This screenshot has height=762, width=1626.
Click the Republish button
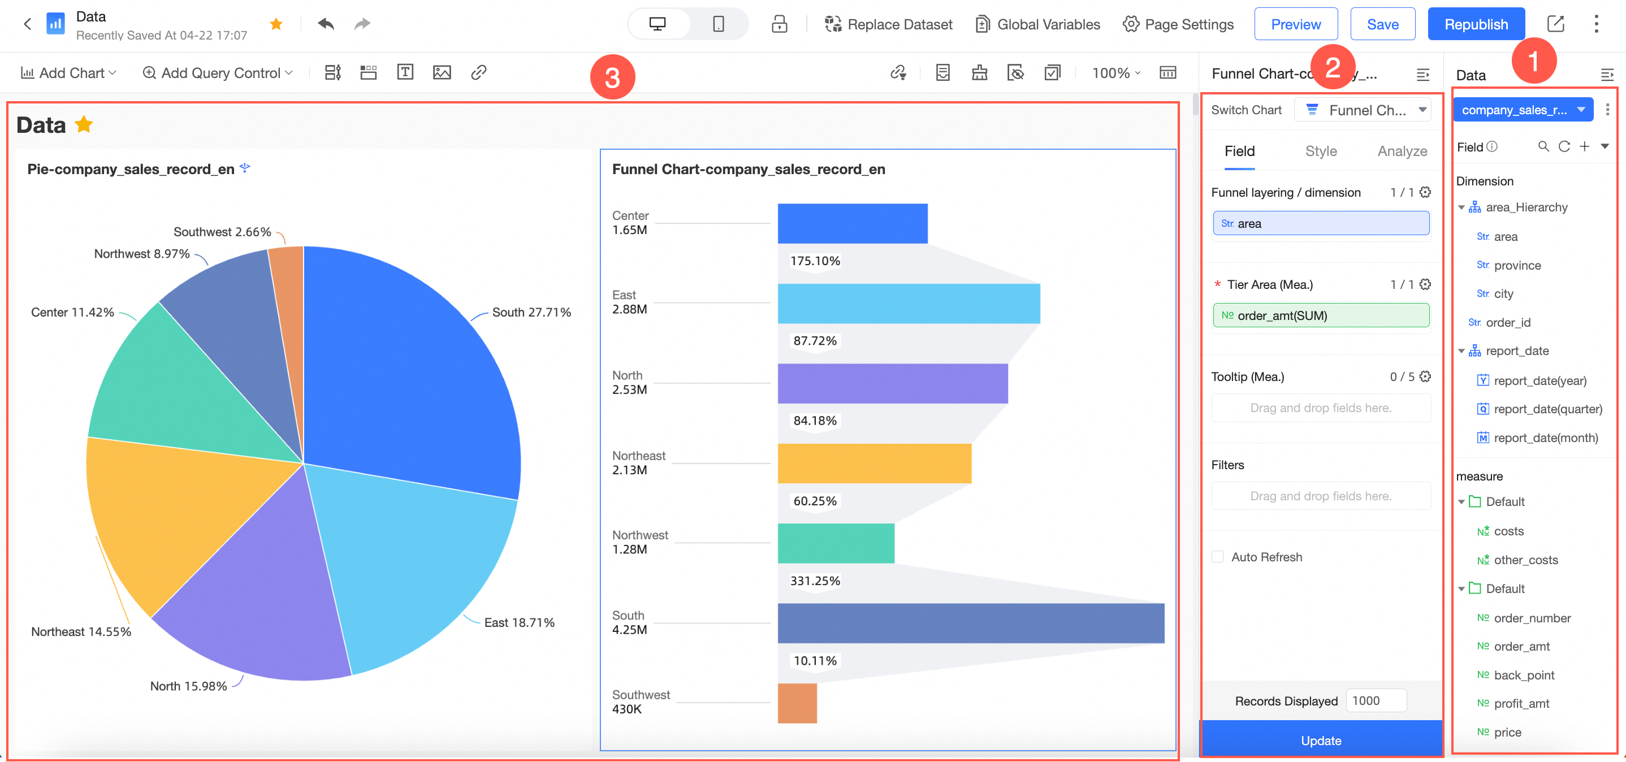tap(1476, 24)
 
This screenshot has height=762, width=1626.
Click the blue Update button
tap(1321, 740)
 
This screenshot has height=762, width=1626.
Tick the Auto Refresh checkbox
tap(1218, 557)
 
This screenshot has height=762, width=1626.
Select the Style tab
tap(1321, 151)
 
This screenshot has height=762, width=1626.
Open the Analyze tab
tap(1402, 151)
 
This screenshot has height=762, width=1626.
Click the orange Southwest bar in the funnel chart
tap(797, 703)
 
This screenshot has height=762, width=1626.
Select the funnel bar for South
tap(971, 623)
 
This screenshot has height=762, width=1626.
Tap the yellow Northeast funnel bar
tap(874, 464)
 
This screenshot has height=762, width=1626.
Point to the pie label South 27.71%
tap(531, 312)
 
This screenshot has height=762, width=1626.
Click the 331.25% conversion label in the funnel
tap(815, 580)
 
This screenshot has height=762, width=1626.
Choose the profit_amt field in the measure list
tap(1521, 703)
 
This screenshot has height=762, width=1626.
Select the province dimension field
tap(1517, 265)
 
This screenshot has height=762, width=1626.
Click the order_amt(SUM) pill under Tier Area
tap(1321, 315)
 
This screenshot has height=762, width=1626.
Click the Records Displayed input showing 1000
tap(1376, 700)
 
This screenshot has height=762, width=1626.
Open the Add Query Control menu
tap(218, 72)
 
